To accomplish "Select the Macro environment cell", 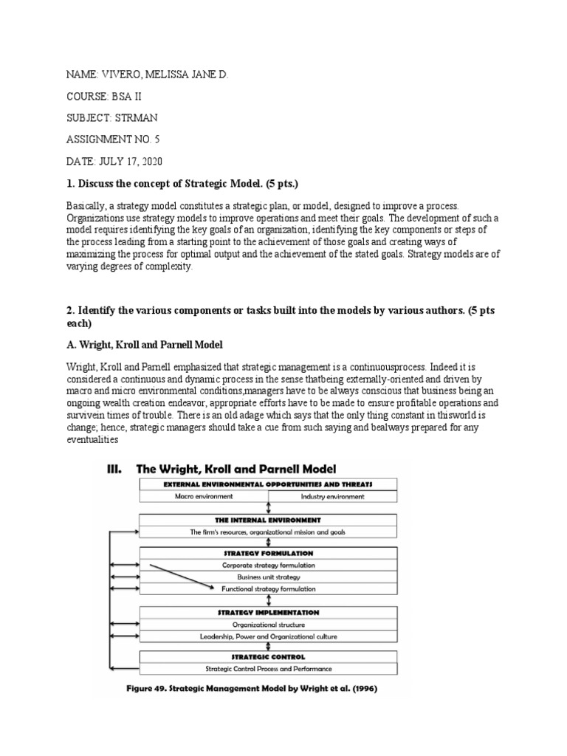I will pos(203,497).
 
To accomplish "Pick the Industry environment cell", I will pos(332,497).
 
